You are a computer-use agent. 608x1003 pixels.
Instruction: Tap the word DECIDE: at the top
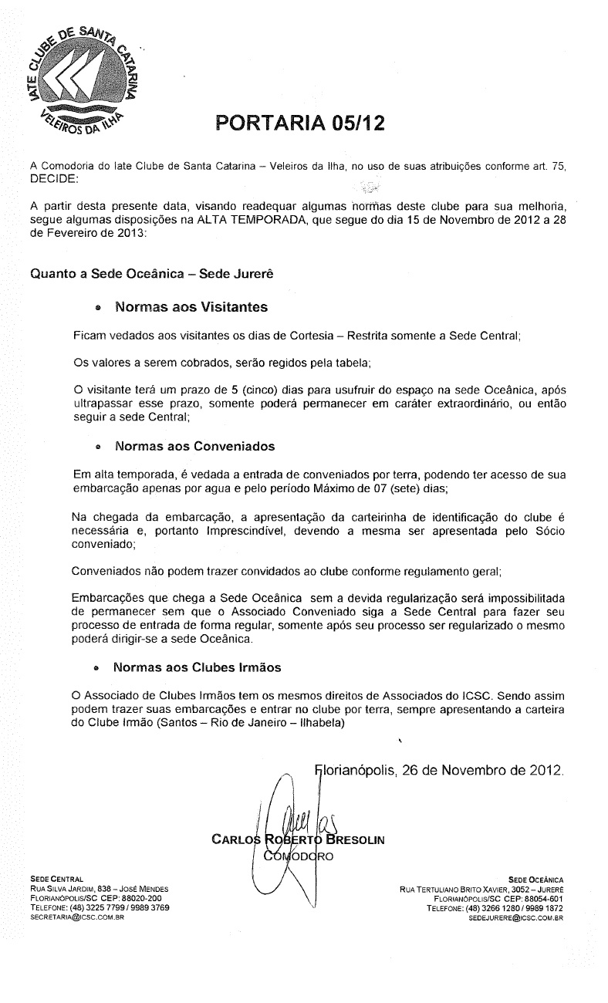pos(53,179)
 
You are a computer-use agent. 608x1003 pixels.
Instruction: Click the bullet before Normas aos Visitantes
pos(97,308)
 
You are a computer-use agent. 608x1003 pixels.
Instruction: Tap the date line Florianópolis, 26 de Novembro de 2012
pos(440,770)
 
